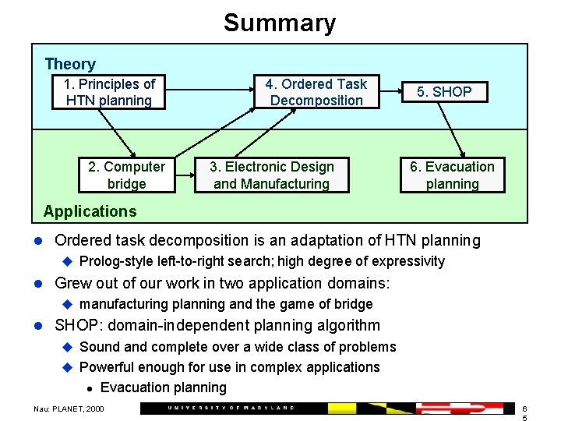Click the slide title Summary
pyautogui.click(x=279, y=23)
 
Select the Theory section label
pyautogui.click(x=70, y=64)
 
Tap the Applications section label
pyautogui.click(x=90, y=211)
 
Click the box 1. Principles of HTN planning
pyautogui.click(x=109, y=92)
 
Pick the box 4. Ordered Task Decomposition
pyautogui.click(x=316, y=92)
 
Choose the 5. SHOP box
pyautogui.click(x=443, y=92)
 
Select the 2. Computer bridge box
pyautogui.click(x=126, y=175)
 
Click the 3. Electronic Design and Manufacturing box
pyautogui.click(x=272, y=175)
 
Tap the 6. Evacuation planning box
pyautogui.click(x=452, y=175)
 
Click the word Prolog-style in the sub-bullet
pyautogui.click(x=116, y=262)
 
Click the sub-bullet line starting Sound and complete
pyautogui.click(x=238, y=347)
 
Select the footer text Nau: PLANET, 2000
pyautogui.click(x=68, y=409)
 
